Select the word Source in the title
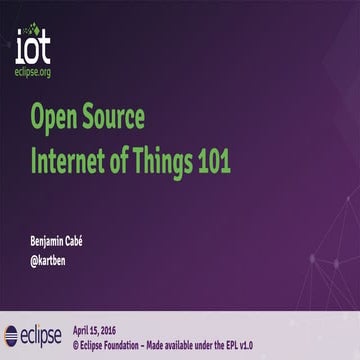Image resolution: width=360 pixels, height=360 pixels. [112, 120]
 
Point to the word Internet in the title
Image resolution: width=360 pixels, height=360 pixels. [70, 157]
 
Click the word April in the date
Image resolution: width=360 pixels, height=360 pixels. [84, 327]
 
